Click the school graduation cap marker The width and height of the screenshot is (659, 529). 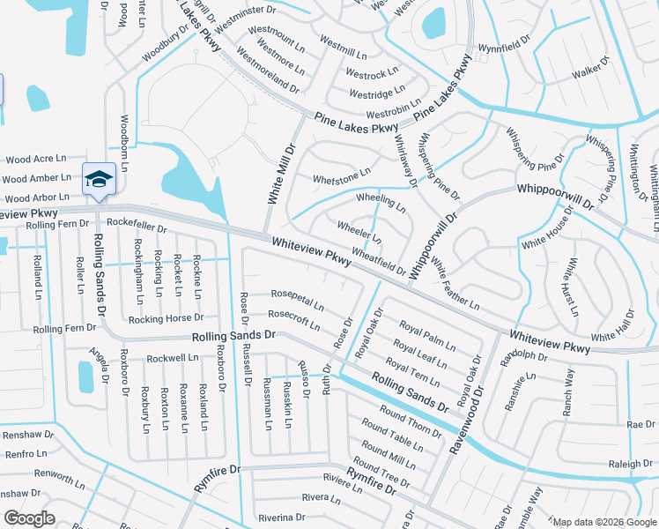pos(99,179)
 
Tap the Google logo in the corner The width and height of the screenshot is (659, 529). pos(29,518)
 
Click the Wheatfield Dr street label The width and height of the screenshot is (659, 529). pos(379,260)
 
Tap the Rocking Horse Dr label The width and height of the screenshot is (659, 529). pos(166,317)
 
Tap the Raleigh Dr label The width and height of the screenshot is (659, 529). pos(629,464)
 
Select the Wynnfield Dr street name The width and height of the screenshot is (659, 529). pos(506,45)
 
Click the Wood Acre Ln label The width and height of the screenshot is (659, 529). pos(36,160)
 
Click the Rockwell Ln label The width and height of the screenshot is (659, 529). pos(172,359)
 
